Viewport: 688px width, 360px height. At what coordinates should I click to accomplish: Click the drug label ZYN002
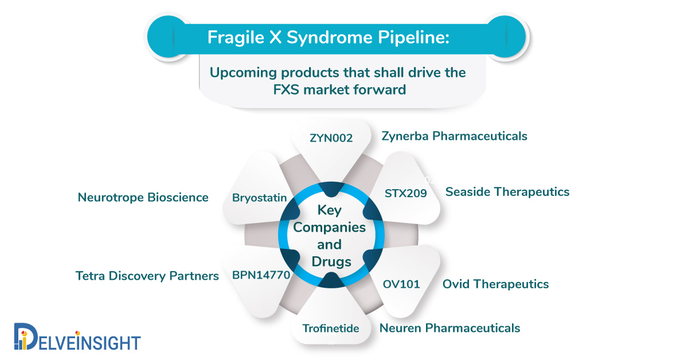point(331,138)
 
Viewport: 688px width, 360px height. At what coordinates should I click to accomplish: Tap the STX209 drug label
point(406,193)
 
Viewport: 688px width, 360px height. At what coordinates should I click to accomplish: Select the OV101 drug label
point(401,284)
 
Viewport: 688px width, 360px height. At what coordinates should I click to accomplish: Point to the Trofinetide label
point(331,328)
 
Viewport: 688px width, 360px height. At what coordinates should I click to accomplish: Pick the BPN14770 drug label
point(261,275)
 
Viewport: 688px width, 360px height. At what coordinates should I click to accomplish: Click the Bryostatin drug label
point(260,198)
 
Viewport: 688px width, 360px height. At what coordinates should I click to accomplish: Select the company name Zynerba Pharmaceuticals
point(454,136)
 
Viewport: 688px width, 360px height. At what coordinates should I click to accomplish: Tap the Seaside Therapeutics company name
point(507,191)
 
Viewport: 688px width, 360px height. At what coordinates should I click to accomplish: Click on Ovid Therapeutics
point(495,284)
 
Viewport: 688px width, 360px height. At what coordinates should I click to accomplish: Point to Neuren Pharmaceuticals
point(449,328)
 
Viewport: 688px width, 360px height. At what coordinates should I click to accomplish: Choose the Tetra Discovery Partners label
point(147,276)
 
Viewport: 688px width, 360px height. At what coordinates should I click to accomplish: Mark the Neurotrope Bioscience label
point(143,197)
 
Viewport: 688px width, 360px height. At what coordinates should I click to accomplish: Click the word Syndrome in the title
point(330,38)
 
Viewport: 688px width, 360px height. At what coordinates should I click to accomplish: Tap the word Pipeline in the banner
point(413,38)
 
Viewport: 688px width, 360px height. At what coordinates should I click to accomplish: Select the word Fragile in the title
point(236,38)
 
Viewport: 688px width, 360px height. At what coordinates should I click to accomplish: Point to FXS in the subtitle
point(286,89)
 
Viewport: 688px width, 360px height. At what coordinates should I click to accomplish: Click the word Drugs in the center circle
point(331,262)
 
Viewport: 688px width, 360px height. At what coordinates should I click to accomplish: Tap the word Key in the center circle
point(329,210)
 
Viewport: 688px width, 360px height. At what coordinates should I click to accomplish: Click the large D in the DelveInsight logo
point(26,336)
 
